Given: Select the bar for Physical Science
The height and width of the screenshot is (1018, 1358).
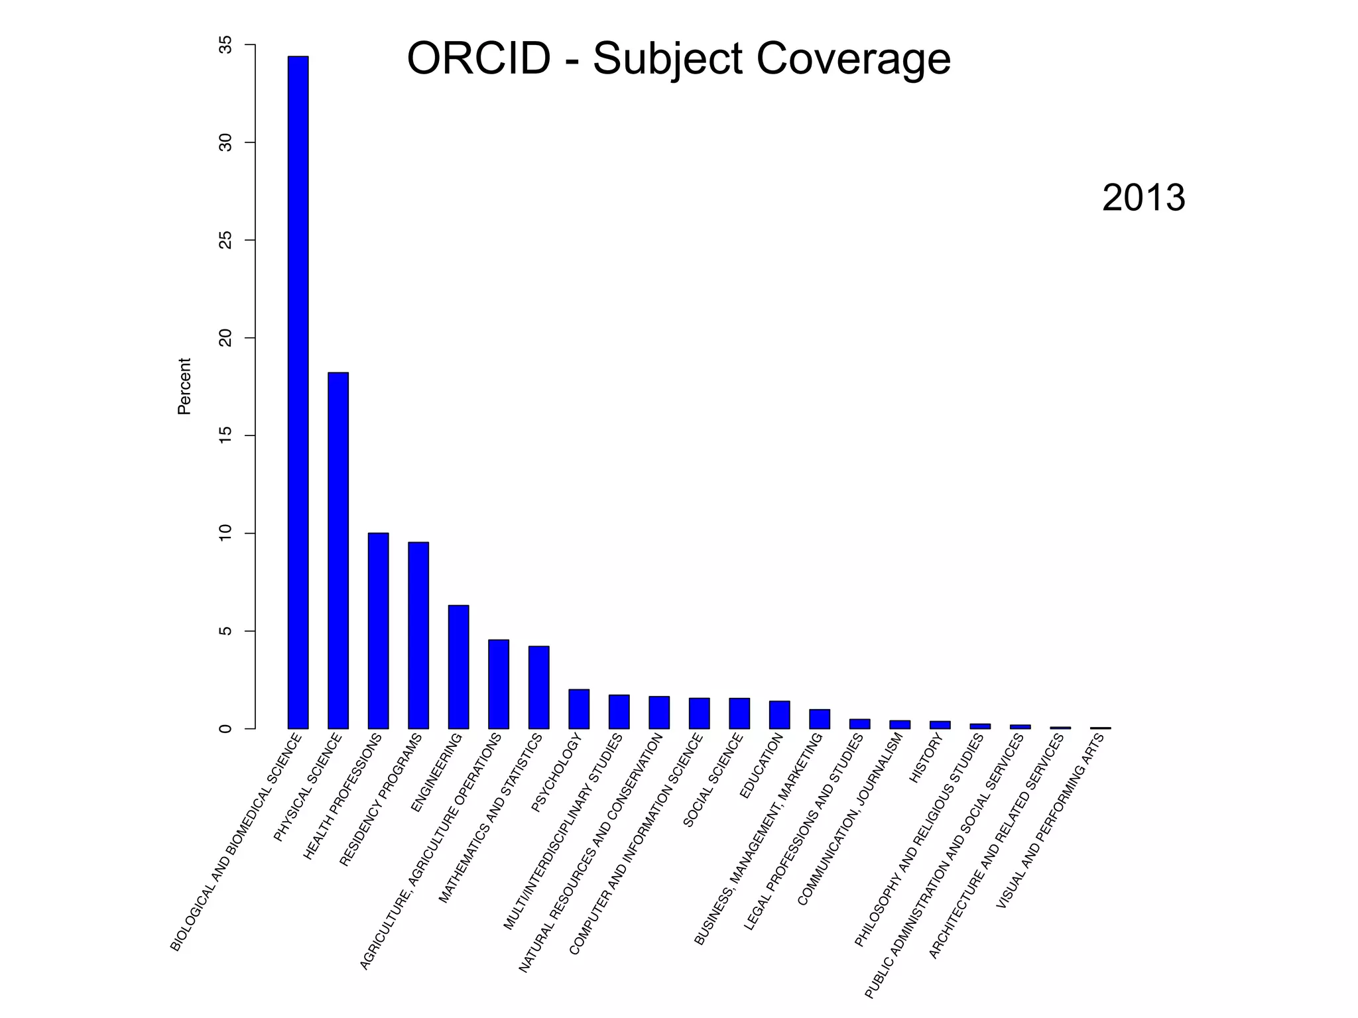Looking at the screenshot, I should pyautogui.click(x=338, y=550).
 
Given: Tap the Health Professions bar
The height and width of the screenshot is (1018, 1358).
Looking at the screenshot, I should pyautogui.click(x=378, y=630).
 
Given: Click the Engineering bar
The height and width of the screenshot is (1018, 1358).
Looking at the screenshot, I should pyautogui.click(x=458, y=667).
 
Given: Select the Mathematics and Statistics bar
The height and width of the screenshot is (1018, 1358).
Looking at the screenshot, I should pyautogui.click(x=538, y=687).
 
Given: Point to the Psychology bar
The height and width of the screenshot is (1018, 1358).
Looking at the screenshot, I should pyautogui.click(x=579, y=708).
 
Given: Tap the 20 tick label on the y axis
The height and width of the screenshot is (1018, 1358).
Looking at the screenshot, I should pyautogui.click(x=226, y=338).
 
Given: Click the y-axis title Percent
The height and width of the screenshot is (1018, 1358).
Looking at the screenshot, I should pyautogui.click(x=184, y=386).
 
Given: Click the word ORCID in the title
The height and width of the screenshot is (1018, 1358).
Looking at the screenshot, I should pyautogui.click(x=478, y=58).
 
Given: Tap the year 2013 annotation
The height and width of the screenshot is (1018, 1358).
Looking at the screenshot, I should pyautogui.click(x=1143, y=198).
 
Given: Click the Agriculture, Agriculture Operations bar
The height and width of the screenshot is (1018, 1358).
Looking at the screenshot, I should pyautogui.click(x=499, y=684).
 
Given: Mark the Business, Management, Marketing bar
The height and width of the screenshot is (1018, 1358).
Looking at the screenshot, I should pyautogui.click(x=820, y=719).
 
